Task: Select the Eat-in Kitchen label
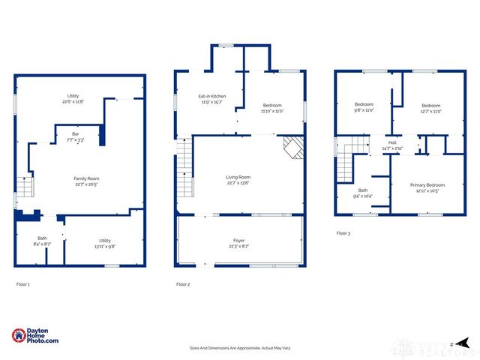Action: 212,97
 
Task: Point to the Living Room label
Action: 238,178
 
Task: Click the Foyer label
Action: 239,241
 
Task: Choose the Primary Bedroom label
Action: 427,184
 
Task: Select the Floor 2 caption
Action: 184,284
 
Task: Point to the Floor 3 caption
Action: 343,233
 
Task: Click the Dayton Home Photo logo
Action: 35,337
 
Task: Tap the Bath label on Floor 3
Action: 363,190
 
